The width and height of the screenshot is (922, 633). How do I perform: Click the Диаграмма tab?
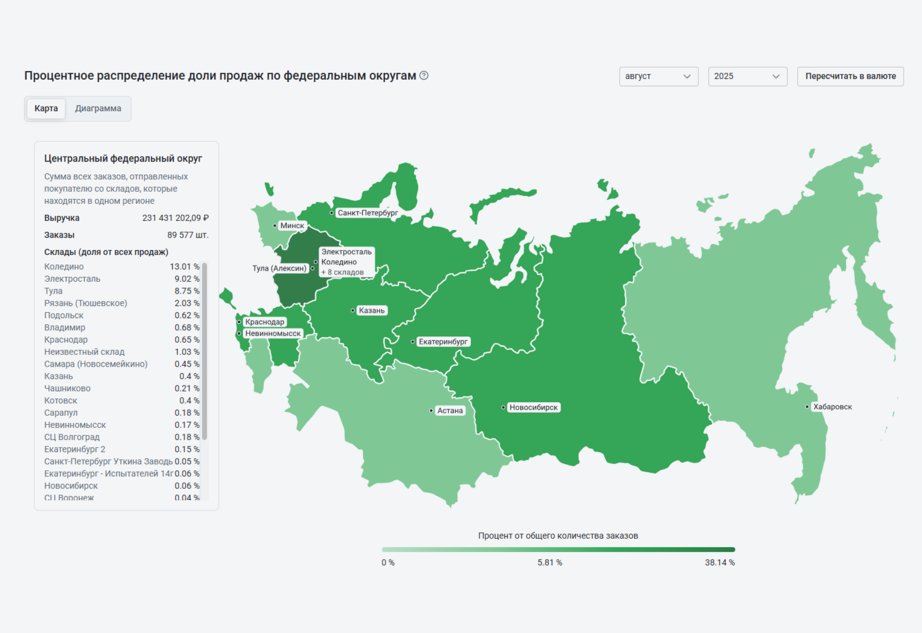click(98, 108)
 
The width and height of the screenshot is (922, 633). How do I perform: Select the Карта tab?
click(46, 108)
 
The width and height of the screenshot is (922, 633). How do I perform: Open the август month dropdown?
click(658, 77)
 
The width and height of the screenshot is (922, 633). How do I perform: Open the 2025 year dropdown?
click(747, 77)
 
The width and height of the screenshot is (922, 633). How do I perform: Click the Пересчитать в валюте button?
click(850, 77)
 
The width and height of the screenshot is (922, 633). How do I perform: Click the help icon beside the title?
click(424, 75)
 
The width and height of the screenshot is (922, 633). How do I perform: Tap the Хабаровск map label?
click(832, 407)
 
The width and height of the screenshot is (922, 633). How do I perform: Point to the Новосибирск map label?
click(533, 407)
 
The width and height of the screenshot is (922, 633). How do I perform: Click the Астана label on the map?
click(450, 411)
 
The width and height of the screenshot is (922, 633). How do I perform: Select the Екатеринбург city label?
click(443, 342)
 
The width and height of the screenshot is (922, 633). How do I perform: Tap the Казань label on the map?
click(371, 310)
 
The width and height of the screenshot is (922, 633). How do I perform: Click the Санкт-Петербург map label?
click(368, 213)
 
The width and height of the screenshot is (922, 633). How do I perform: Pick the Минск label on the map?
click(292, 225)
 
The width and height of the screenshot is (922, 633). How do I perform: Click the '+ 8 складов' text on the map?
click(342, 272)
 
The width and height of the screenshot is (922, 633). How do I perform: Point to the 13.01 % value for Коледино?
click(184, 267)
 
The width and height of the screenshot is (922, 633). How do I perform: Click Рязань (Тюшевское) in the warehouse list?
click(85, 303)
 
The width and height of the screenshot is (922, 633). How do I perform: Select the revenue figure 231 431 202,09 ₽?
click(175, 218)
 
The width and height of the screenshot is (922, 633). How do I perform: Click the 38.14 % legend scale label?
click(720, 563)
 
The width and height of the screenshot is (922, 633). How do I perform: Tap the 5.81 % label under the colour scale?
click(550, 563)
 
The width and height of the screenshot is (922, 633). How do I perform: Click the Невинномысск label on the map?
click(273, 333)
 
